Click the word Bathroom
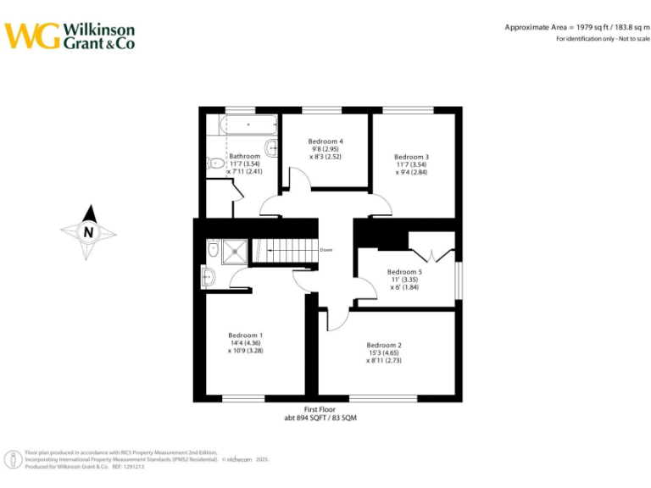(245, 156)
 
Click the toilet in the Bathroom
(215, 164)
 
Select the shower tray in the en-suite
(236, 250)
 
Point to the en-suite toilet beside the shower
(213, 250)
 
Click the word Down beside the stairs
(326, 250)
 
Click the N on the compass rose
(88, 231)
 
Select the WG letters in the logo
(31, 36)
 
